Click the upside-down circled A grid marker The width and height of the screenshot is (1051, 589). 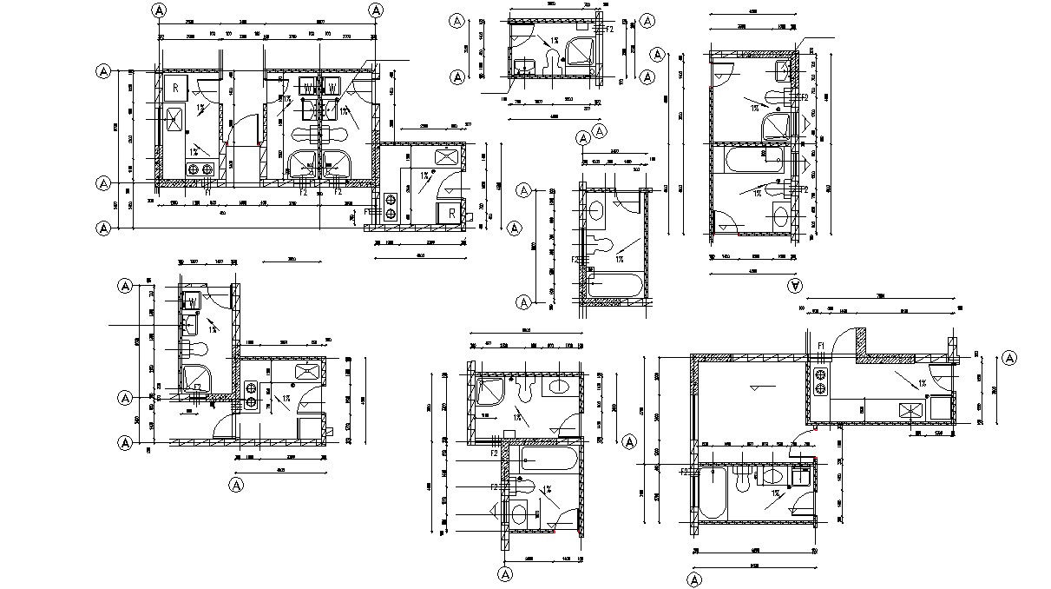pos(793,284)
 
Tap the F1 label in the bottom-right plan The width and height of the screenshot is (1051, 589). pos(821,346)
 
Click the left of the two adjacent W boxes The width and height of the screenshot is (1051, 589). pos(307,87)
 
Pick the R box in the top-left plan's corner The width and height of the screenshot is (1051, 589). pos(174,87)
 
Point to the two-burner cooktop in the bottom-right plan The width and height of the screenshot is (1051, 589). pos(820,391)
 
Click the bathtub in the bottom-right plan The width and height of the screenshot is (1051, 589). pos(713,492)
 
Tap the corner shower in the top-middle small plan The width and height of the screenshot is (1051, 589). pos(578,51)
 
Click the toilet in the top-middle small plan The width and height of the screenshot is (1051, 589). pos(548,59)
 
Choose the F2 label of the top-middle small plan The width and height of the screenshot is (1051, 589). pos(609,30)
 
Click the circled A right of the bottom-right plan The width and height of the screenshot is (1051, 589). pos(1008,358)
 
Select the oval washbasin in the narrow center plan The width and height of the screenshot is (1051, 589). pos(595,210)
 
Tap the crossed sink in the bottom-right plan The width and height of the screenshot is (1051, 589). pos(910,410)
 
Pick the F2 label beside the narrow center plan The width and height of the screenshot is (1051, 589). pos(575,260)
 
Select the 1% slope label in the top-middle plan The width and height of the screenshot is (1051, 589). pos(553,40)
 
